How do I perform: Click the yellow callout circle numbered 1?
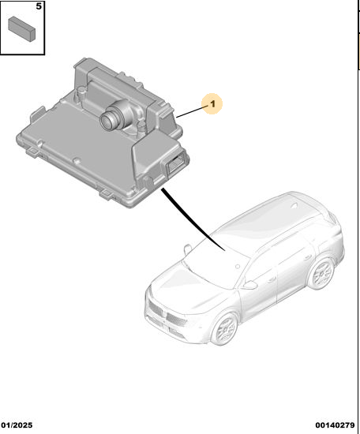[212, 103]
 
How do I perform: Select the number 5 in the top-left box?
[39, 6]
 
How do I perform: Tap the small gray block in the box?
[22, 28]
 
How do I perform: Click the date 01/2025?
[17, 425]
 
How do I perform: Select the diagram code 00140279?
[335, 425]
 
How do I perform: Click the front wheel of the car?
[224, 328]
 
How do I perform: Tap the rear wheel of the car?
[321, 273]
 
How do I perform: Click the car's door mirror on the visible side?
[249, 284]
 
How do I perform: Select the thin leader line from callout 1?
[192, 111]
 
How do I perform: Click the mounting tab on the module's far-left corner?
[37, 114]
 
